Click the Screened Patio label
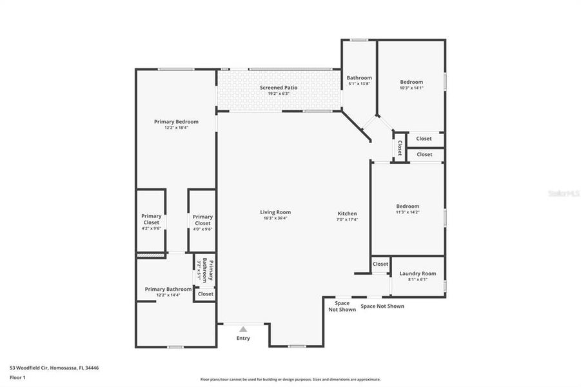point(279,87)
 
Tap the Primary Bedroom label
point(176,121)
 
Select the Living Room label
point(275,212)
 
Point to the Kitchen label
point(347,213)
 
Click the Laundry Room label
point(418,273)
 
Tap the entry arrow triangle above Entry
point(243,329)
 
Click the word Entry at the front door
point(243,338)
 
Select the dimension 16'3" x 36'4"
point(275,219)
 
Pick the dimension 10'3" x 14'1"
point(411,88)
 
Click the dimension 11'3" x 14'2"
point(408,212)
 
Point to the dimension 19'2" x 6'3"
point(279,94)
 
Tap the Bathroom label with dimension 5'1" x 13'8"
point(359,77)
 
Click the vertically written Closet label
point(400,148)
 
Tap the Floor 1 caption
point(17,377)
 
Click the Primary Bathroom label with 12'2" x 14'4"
point(168,289)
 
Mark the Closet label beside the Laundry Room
point(380,264)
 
